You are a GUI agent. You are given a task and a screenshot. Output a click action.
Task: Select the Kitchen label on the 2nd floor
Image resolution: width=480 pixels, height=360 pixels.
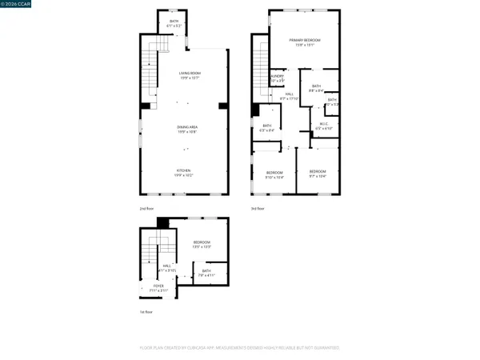click(184, 173)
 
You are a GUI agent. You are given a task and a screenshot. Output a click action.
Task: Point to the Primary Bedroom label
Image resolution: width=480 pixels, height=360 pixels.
click(305, 42)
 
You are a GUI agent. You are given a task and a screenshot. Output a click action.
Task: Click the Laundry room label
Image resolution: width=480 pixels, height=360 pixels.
click(277, 78)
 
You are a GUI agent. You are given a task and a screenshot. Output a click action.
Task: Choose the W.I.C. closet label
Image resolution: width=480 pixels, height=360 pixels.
click(324, 126)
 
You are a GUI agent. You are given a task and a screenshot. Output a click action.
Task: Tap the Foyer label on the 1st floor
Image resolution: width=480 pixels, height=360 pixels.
click(147, 287)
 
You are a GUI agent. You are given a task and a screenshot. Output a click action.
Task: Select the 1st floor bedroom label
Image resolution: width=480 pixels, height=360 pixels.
click(202, 245)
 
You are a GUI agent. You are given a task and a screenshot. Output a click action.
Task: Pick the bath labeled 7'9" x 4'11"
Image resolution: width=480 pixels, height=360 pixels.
click(206, 274)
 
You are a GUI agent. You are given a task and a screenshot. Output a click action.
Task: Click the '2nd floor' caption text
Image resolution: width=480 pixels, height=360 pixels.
click(146, 208)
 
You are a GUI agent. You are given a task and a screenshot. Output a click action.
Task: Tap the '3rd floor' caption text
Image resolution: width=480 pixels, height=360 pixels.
click(257, 208)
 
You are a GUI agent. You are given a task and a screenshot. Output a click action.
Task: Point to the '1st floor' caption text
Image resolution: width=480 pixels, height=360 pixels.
click(146, 313)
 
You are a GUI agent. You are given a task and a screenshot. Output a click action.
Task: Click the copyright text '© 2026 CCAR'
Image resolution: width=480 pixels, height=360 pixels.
click(18, 5)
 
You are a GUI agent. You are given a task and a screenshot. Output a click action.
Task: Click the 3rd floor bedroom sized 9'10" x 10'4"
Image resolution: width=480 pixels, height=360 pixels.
click(274, 174)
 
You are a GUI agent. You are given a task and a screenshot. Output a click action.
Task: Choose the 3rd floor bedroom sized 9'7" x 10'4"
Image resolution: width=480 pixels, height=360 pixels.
click(318, 174)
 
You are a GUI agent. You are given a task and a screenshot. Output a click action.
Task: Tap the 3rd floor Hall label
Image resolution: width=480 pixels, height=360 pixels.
click(288, 96)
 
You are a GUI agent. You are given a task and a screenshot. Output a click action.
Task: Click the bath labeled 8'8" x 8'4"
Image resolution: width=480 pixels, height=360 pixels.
click(316, 88)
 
